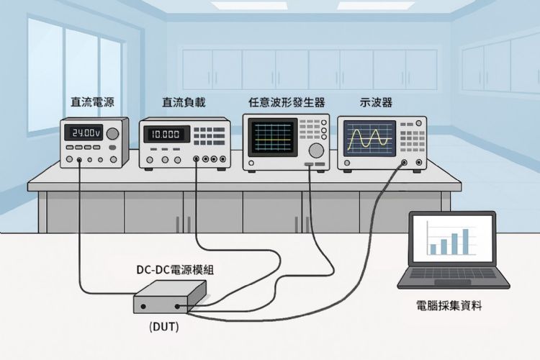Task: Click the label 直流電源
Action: pos(91,103)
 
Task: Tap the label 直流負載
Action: pos(184,103)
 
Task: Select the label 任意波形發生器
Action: pos(286,103)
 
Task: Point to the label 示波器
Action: pos(376,103)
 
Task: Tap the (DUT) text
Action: pos(164,327)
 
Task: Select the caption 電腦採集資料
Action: pos(449,306)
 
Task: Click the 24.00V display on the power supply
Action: pos(83,133)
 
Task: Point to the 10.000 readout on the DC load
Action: pos(166,135)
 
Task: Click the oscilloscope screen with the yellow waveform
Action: pos(369,138)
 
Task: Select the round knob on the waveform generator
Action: pos(315,150)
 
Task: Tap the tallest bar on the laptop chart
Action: pos(465,242)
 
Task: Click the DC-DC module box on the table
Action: pos(170,297)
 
